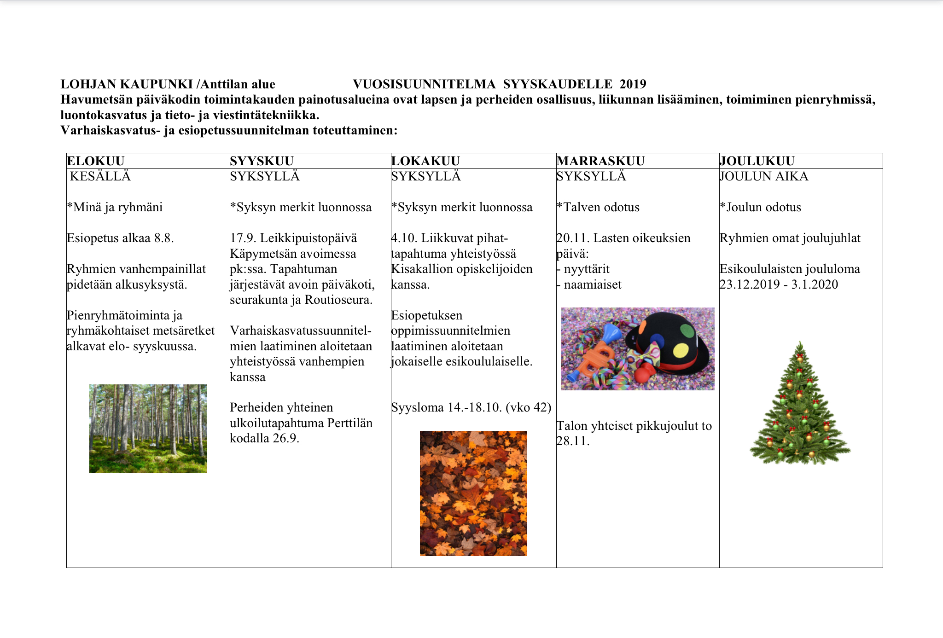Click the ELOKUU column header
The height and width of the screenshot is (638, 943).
(x=96, y=161)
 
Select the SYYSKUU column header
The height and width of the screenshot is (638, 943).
(x=262, y=161)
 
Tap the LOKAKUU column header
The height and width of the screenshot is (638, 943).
(x=425, y=161)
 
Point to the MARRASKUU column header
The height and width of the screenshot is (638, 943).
(x=600, y=161)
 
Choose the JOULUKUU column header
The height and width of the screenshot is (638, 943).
(x=757, y=161)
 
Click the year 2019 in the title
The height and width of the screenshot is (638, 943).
(x=633, y=84)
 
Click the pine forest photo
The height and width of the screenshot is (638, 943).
(x=148, y=429)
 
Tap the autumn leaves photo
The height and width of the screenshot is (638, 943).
(x=473, y=493)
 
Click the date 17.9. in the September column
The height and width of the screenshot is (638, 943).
(x=243, y=238)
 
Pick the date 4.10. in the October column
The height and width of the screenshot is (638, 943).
(x=404, y=238)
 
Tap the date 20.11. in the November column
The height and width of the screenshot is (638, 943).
(x=573, y=238)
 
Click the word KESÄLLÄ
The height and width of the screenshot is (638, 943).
(x=100, y=176)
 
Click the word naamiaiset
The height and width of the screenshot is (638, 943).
(x=593, y=284)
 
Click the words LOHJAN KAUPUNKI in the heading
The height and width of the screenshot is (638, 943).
(x=127, y=84)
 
